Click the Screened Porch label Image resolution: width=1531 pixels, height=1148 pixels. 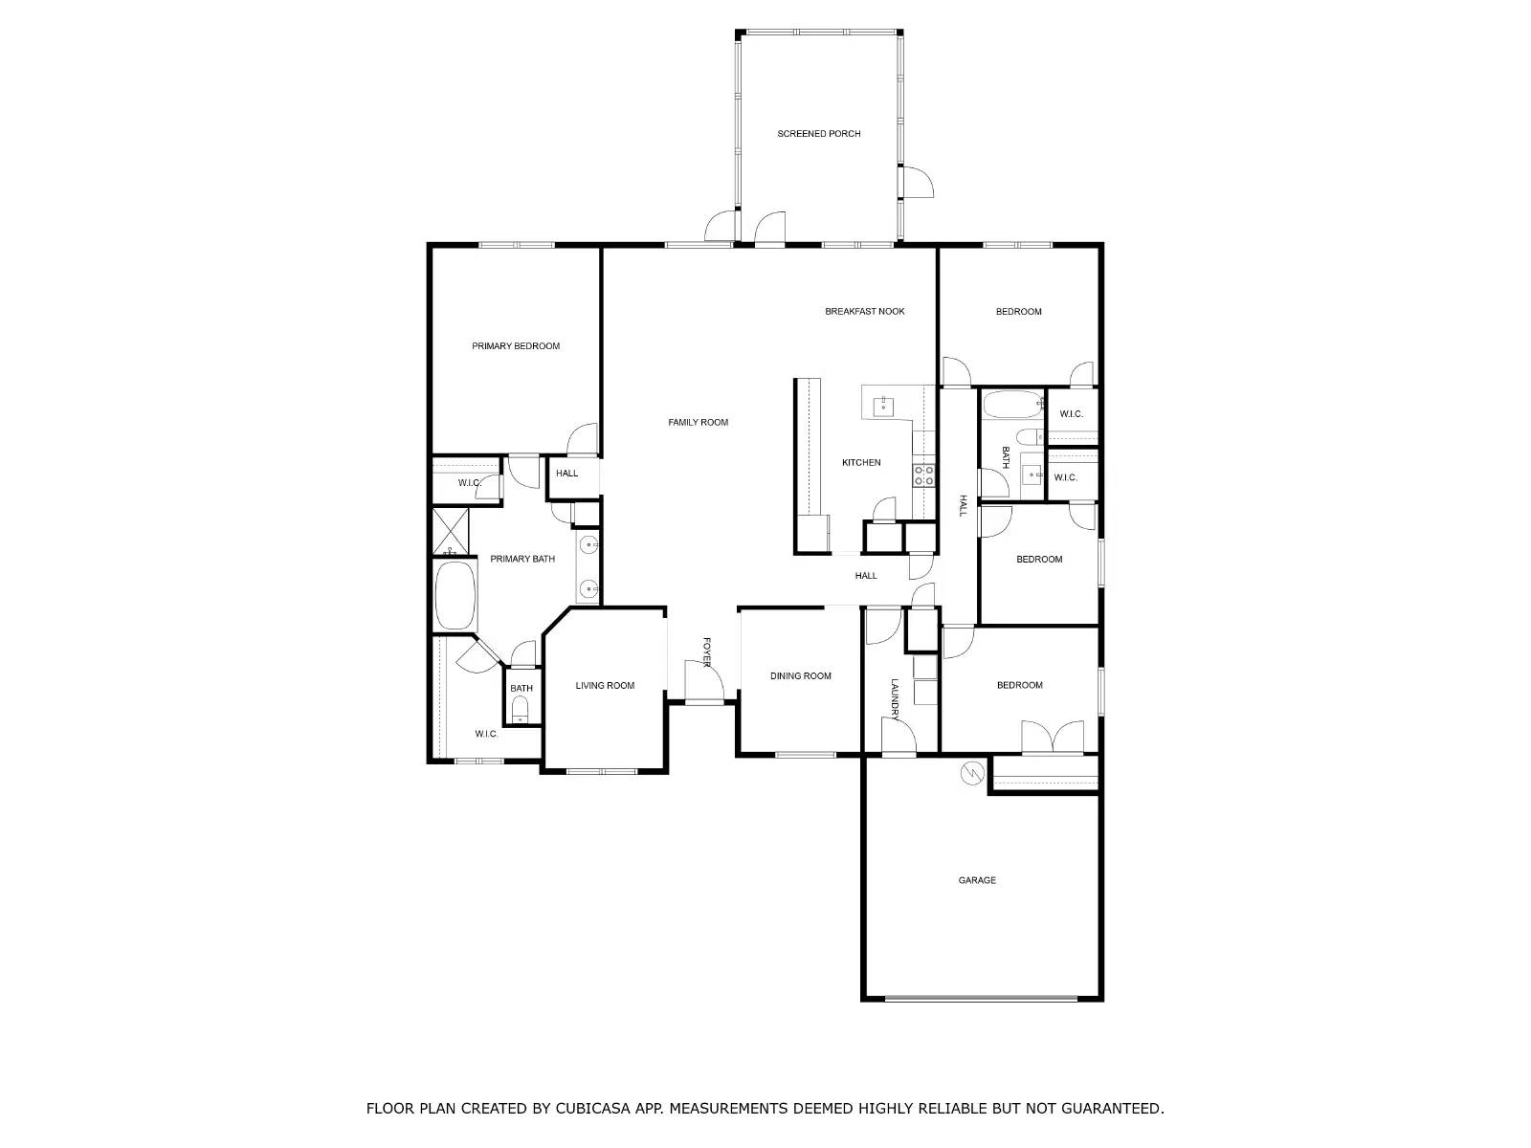[818, 134]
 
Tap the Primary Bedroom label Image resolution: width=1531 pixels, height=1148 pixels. [516, 346]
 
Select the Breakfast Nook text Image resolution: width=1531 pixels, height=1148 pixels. [864, 312]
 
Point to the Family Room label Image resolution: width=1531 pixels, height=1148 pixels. [698, 423]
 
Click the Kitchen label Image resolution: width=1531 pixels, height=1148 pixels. [861, 463]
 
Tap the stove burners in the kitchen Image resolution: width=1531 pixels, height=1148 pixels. [923, 475]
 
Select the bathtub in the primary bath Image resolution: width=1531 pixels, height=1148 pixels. [455, 596]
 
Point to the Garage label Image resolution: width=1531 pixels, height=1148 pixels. [977, 880]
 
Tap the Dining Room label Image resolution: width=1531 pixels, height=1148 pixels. [801, 676]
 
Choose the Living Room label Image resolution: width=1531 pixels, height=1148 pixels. [605, 686]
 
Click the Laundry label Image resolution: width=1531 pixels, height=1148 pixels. [895, 699]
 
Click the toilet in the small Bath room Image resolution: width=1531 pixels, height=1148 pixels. [521, 710]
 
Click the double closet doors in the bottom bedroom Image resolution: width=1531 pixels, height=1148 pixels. [1052, 740]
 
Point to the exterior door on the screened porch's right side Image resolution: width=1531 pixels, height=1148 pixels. [918, 183]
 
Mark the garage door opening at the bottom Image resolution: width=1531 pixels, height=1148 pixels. [981, 999]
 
